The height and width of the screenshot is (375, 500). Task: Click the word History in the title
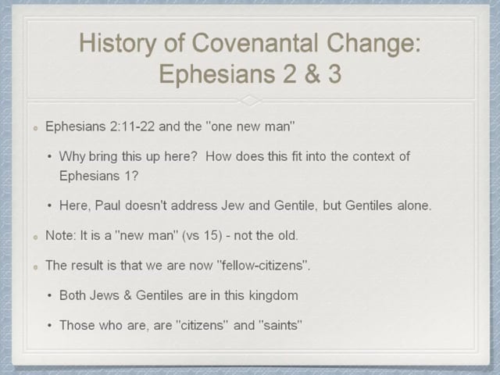point(118,44)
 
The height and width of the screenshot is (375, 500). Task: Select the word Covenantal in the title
point(255,43)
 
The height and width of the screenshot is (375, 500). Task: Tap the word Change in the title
point(373,44)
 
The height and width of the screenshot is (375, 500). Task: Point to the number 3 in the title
point(335,73)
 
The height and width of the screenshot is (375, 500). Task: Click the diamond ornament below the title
point(250,101)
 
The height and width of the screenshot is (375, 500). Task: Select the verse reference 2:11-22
point(132,127)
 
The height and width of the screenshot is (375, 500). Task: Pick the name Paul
point(108,205)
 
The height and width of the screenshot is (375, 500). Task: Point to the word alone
point(414,205)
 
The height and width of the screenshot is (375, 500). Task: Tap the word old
point(287,235)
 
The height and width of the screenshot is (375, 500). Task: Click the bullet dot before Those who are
point(49,326)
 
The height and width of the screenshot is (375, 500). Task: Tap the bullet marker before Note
point(35,237)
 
